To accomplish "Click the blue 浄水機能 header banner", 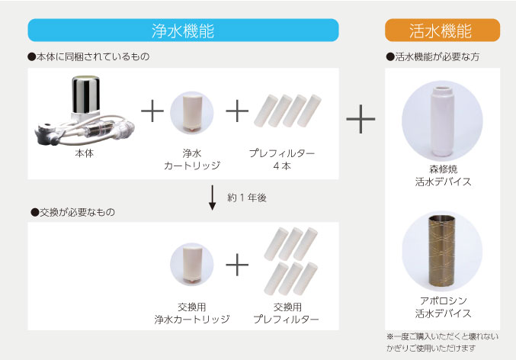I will coord(183,31).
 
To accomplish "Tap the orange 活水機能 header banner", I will coord(441,31).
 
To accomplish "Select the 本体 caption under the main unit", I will coord(84,153).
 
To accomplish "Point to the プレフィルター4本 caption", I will coord(282,159).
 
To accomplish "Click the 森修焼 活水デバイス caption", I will coord(442,175).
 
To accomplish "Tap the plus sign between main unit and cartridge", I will coord(152,111).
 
